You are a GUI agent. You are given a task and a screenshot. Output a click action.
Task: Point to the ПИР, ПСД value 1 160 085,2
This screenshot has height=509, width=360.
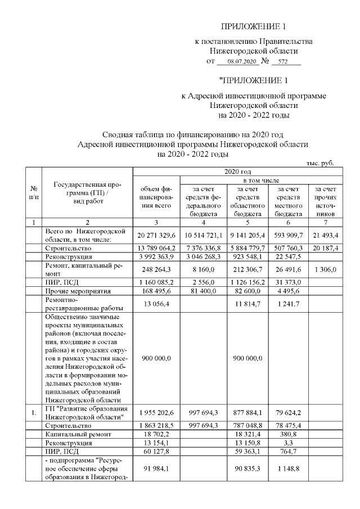pyautogui.click(x=156, y=283)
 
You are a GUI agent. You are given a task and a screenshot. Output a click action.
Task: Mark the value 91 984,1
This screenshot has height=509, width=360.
pyautogui.click(x=156, y=468)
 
